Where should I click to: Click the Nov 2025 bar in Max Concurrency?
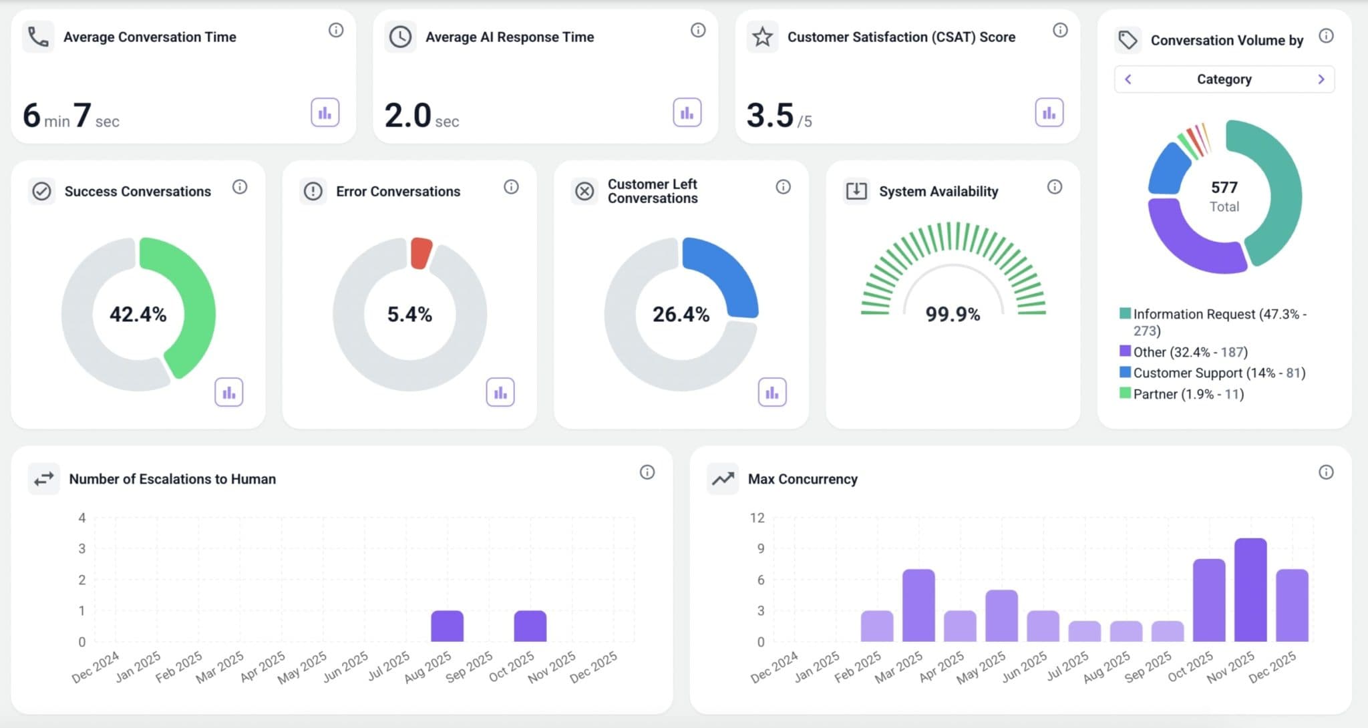click(1250, 590)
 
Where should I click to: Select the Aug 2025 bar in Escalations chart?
click(447, 626)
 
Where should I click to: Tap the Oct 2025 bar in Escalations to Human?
click(530, 626)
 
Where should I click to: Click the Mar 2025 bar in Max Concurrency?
click(918, 606)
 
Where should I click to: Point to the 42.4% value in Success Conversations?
click(138, 314)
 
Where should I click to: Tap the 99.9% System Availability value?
click(953, 314)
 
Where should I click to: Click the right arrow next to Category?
click(1321, 79)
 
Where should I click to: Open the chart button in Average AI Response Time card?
click(687, 112)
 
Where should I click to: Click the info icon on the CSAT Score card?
click(1060, 30)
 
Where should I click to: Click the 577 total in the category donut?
click(1224, 188)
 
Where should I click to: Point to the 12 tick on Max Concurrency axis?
click(757, 518)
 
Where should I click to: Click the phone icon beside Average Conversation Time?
click(38, 37)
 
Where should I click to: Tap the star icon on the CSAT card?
click(762, 37)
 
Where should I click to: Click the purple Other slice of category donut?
click(1189, 244)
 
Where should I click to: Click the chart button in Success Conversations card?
click(228, 392)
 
